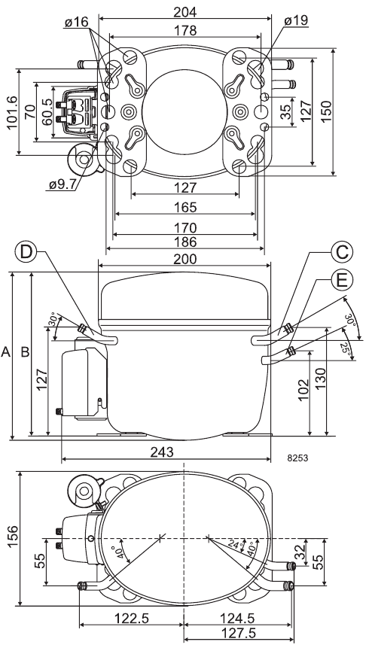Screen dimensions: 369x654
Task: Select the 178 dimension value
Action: [x=185, y=30]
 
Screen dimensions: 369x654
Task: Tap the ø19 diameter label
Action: [x=296, y=20]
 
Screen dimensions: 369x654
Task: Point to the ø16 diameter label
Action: [x=76, y=22]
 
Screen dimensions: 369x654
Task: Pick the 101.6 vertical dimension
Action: [x=12, y=112]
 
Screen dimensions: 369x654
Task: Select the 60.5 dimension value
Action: [x=47, y=112]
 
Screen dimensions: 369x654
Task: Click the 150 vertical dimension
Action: [x=326, y=111]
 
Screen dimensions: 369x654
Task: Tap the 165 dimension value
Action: [x=185, y=207]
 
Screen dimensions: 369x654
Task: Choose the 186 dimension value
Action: [x=185, y=242]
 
